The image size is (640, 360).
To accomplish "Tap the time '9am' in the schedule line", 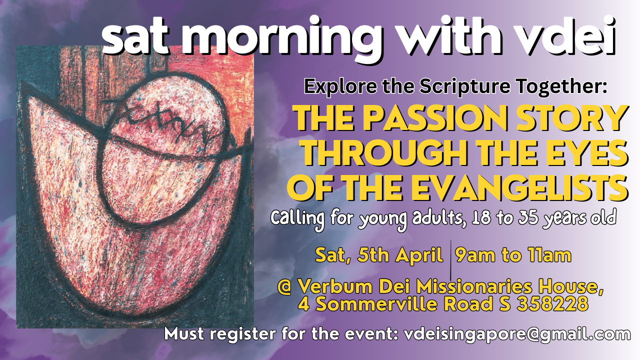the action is tap(475, 255).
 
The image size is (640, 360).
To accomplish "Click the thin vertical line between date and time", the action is tap(450, 260).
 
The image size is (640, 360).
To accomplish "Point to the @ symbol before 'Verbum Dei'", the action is tap(284, 286).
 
